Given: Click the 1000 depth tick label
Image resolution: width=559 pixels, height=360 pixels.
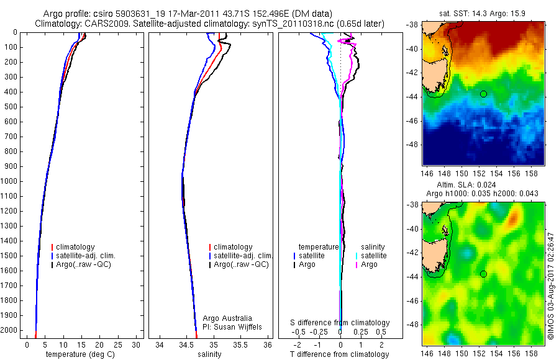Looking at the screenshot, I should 10,181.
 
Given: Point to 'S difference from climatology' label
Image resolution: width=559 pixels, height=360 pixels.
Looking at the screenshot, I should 340,323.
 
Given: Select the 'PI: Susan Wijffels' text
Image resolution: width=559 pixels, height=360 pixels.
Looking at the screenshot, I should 232,326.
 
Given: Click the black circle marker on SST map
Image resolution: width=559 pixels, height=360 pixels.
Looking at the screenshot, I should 483,94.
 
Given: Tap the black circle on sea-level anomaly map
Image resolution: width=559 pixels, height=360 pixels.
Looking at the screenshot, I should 483,274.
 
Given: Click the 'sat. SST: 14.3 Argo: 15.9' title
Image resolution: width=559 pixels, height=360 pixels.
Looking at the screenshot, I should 484,12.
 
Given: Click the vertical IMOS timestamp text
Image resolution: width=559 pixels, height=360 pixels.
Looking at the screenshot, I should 550,285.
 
